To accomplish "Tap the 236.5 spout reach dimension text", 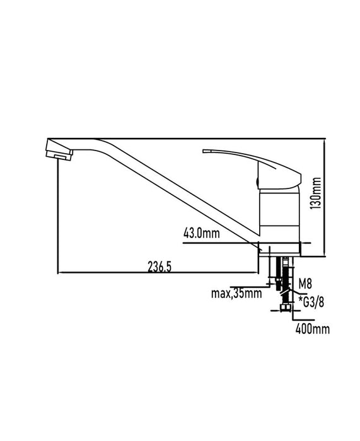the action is (x=160, y=267).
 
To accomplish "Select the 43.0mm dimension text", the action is (x=201, y=233).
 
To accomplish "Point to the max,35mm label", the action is (x=236, y=294).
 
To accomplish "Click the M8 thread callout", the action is (x=305, y=284).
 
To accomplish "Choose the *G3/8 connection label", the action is (x=311, y=302).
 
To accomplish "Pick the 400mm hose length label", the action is (x=313, y=328).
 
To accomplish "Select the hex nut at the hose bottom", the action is (x=285, y=308).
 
